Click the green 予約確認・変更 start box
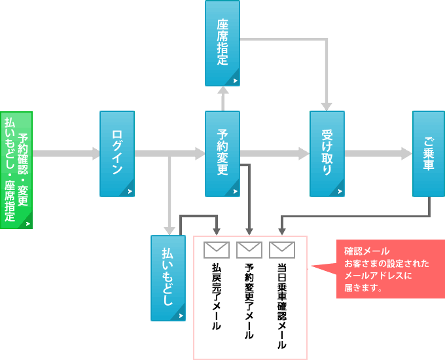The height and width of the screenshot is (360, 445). coord(16,170)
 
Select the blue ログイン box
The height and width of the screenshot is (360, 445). coord(117,154)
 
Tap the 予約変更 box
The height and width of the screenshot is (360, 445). coord(222,154)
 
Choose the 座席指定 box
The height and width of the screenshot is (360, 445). coord(222,43)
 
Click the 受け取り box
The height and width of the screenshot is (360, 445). coord(327,154)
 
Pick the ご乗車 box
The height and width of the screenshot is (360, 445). coord(429,154)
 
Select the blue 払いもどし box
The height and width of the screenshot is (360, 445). coord(168,278)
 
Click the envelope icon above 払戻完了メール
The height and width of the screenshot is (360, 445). coord(216,249)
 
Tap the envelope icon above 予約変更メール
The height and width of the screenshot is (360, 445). coord(249,249)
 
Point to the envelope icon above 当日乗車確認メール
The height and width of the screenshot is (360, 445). coord(281,249)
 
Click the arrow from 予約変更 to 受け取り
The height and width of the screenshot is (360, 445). coord(275,154)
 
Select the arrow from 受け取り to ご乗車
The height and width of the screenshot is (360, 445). coord(378,154)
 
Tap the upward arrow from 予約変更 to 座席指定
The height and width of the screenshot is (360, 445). coord(222,98)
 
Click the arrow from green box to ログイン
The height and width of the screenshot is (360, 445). coord(65,154)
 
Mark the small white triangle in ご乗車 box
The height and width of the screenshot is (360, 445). coord(440,191)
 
